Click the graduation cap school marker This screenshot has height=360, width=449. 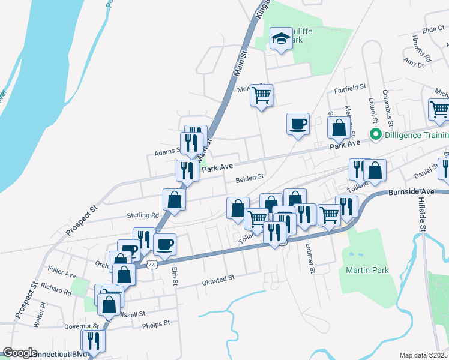point(280,40)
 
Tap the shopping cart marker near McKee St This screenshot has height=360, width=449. point(261,95)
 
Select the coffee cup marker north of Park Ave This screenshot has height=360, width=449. point(298,124)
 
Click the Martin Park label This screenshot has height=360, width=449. point(367,270)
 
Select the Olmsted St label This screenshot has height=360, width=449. point(217,279)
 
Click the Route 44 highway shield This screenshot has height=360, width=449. point(152,264)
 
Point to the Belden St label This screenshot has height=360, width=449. point(250,178)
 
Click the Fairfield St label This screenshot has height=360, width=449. point(350,88)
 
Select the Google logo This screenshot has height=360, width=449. point(20,353)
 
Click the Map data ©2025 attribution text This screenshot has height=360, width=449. point(423,355)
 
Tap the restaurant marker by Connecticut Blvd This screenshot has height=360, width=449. point(93,341)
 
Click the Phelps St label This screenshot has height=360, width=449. point(156,323)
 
